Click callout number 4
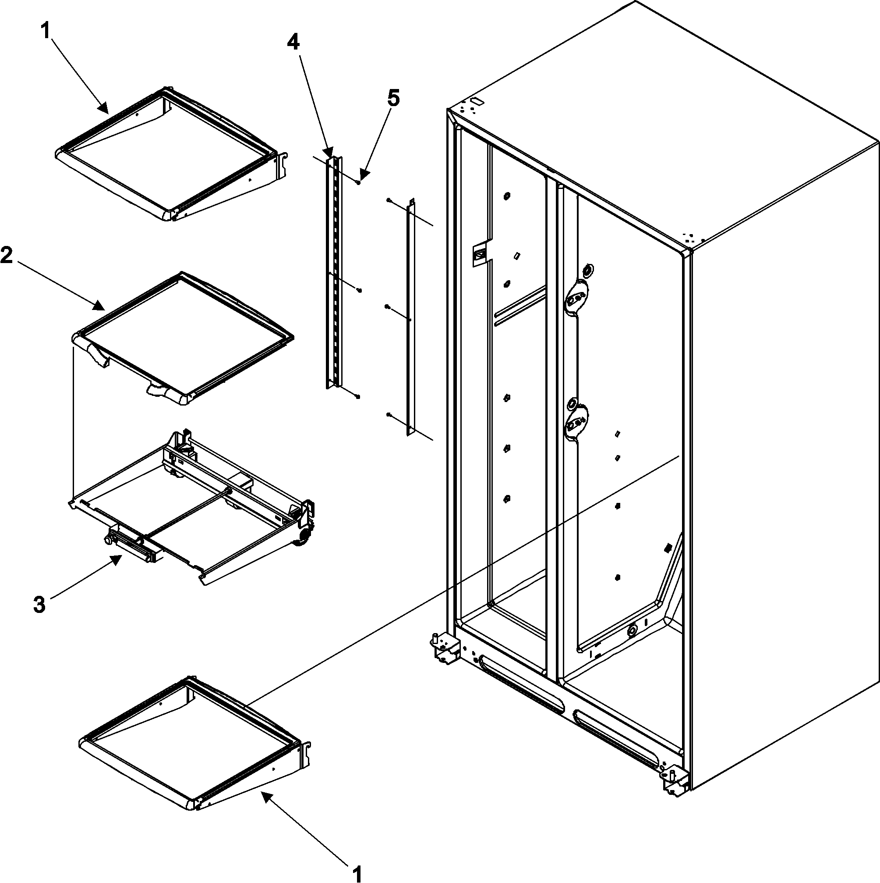(293, 43)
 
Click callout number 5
(393, 99)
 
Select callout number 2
(7, 256)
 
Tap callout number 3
(40, 605)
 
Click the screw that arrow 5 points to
(359, 182)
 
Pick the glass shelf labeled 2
(183, 338)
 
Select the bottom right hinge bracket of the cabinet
(675, 784)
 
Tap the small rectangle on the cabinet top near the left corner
(477, 100)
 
